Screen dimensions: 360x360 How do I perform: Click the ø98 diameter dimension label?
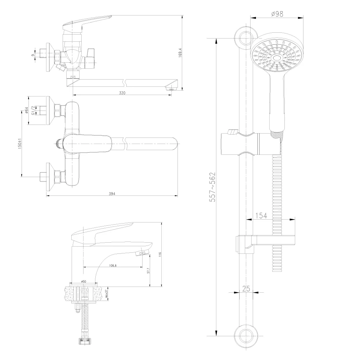click(x=277, y=14)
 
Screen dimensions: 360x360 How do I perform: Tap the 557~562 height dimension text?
click(x=213, y=187)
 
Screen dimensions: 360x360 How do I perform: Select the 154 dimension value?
click(x=261, y=216)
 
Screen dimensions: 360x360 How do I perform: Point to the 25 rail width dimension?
click(x=246, y=289)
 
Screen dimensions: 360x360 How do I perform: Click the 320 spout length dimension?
click(x=122, y=93)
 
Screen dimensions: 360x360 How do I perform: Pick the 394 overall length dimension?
click(x=112, y=194)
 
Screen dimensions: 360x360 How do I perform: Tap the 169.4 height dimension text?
click(x=180, y=53)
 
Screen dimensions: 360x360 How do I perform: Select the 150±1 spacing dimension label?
click(x=20, y=144)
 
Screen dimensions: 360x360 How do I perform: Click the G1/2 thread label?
click(x=33, y=111)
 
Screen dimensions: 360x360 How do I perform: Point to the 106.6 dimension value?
click(x=113, y=265)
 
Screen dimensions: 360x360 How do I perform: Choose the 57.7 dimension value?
click(x=148, y=270)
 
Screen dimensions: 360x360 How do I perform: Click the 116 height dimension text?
click(x=160, y=255)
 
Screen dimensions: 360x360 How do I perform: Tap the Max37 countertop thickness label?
click(x=107, y=293)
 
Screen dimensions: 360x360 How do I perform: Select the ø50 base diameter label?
click(x=84, y=281)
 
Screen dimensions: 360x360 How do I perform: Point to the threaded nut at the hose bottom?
click(x=82, y=342)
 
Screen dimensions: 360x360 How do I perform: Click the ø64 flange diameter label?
click(x=27, y=111)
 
